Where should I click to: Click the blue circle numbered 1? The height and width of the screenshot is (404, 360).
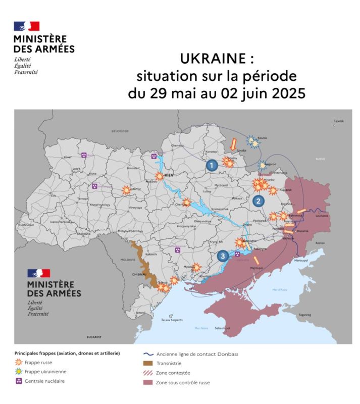(212, 165)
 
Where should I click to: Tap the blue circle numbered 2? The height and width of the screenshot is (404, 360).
(259, 201)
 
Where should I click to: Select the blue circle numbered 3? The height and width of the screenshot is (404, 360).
(223, 256)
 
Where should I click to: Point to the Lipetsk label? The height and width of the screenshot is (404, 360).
(338, 121)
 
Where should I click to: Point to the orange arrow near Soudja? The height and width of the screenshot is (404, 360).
(233, 143)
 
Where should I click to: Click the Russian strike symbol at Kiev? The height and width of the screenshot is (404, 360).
(159, 176)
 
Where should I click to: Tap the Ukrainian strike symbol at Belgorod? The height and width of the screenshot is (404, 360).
(262, 165)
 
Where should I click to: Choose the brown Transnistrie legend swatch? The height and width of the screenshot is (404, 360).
(147, 363)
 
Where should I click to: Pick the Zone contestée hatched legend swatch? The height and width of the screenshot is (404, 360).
(147, 373)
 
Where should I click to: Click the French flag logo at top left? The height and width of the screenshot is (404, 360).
(27, 26)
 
